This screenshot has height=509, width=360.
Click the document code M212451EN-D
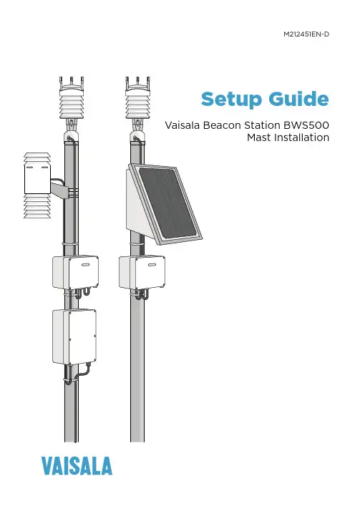[306, 34]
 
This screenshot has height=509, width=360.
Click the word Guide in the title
[299, 99]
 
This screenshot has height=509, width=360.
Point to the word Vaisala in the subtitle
[183, 125]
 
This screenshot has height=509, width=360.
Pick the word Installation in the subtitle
[301, 137]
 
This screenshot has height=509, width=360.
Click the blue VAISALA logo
[77, 466]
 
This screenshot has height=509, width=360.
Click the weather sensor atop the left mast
[72, 98]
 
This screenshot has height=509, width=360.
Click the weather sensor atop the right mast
[138, 98]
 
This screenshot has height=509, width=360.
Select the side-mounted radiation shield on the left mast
[37, 185]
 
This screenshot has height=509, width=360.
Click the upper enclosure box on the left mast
[75, 272]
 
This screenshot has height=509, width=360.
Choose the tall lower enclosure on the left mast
[74, 336]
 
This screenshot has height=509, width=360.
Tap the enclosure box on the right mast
[142, 272]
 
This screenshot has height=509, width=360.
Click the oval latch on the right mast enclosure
[152, 265]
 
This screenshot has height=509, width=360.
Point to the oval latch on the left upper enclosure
[85, 265]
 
